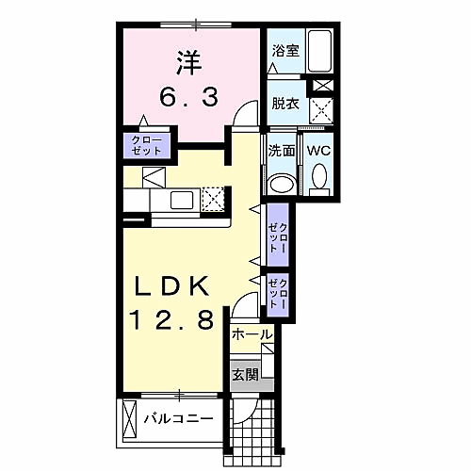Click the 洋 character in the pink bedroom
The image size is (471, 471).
pyautogui.click(x=187, y=63)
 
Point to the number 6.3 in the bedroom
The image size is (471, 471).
pyautogui.click(x=187, y=97)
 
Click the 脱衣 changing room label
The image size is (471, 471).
pyautogui.click(x=285, y=104)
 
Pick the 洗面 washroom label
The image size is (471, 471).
pyautogui.click(x=281, y=150)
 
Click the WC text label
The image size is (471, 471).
pyautogui.click(x=317, y=150)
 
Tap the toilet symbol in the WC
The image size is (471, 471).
pyautogui.click(x=318, y=176)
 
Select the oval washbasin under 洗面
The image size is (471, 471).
pyautogui.click(x=280, y=183)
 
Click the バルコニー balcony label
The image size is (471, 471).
pyautogui.click(x=179, y=416)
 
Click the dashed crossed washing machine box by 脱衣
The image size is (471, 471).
pyautogui.click(x=323, y=110)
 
